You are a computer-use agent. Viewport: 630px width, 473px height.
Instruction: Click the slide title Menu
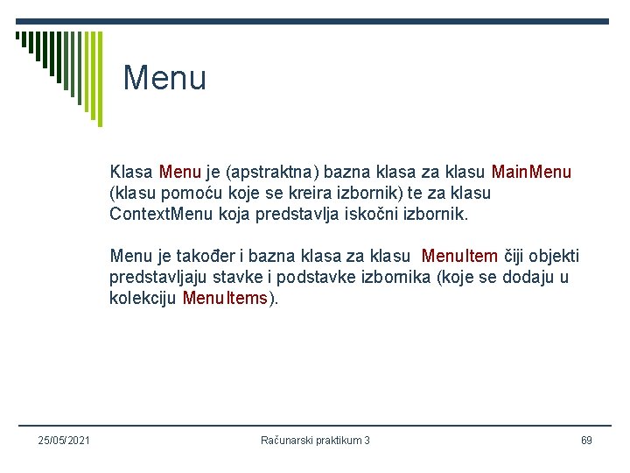[x=164, y=79]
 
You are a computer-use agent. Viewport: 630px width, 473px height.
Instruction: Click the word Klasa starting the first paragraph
[x=132, y=173]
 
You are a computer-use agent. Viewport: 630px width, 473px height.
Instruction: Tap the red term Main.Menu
[x=532, y=173]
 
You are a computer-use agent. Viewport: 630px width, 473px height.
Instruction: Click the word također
[x=207, y=257]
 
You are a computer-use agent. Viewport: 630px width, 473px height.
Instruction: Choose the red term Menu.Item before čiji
[x=459, y=257]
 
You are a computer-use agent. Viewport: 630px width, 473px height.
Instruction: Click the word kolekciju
[x=143, y=299]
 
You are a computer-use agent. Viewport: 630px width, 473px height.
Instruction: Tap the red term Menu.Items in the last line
[x=226, y=299]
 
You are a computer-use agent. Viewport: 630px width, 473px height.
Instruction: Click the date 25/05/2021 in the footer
[x=65, y=440]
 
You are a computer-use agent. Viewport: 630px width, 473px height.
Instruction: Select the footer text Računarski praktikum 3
[x=315, y=440]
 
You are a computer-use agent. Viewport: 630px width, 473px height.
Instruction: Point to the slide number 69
[x=586, y=440]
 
